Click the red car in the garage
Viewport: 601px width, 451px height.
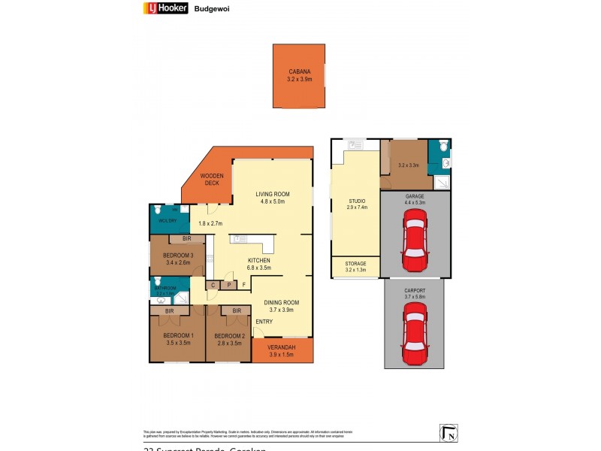point(415,240)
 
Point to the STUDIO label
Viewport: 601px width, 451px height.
point(356,201)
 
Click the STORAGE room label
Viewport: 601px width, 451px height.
point(355,264)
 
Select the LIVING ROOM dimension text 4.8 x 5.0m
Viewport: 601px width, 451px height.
point(272,201)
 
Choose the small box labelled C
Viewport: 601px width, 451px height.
point(213,285)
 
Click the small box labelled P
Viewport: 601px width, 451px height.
point(228,285)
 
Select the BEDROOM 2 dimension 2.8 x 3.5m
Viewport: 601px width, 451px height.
point(229,343)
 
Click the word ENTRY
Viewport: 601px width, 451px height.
point(264,322)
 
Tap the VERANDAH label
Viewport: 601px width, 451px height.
point(282,347)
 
